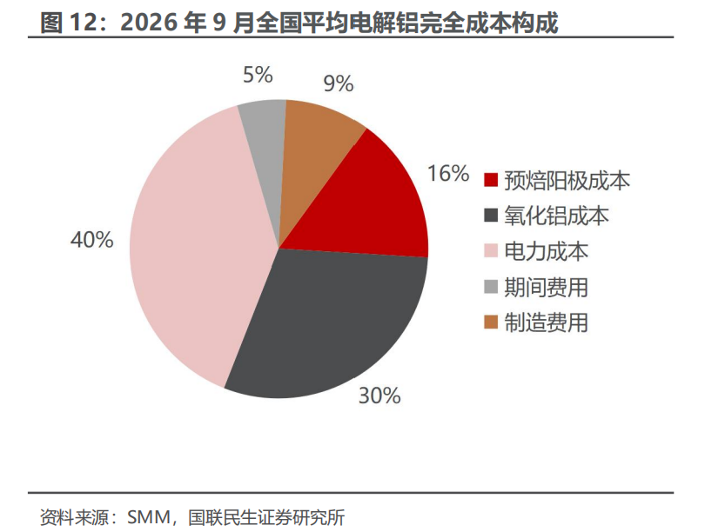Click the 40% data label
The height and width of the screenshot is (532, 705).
tap(92, 239)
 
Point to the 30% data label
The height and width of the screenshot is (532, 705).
tap(379, 396)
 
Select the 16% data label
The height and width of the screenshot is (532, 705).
tap(448, 173)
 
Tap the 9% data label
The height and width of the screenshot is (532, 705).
tap(339, 83)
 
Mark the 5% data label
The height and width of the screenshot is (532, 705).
tap(258, 75)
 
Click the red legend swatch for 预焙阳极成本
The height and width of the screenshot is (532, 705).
tap(491, 180)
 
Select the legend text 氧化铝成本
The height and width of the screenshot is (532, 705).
tap(557, 216)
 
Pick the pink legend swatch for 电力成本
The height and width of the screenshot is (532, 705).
tap(491, 251)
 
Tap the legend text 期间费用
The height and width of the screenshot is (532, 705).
tap(547, 287)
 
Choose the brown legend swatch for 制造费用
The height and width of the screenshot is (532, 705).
tap(491, 322)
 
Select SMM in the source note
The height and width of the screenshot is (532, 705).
tap(150, 517)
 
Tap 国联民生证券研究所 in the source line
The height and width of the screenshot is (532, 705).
tap(266, 517)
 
